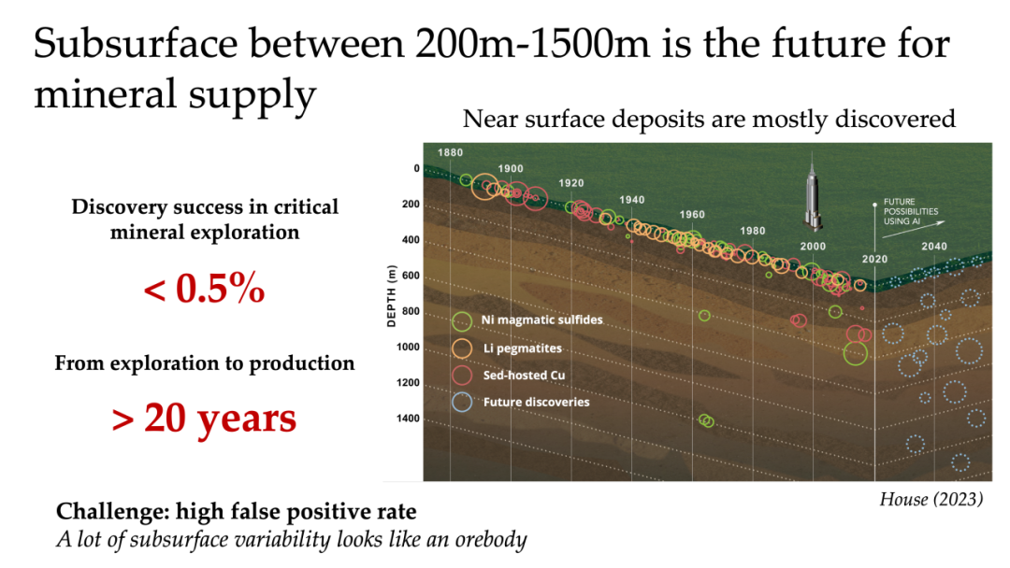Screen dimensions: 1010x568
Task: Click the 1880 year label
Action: [x=450, y=152]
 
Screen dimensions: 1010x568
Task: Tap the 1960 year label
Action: [x=692, y=214]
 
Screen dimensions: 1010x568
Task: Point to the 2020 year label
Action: [x=874, y=259]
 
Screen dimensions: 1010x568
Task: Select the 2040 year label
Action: [x=934, y=246]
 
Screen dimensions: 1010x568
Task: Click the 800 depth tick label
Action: [x=411, y=311]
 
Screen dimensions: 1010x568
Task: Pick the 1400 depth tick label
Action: [x=408, y=419]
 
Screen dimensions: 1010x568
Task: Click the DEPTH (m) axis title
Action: [x=391, y=296]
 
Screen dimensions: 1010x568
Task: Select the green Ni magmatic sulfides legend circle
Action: [x=461, y=321]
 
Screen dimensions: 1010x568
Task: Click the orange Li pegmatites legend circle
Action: [x=461, y=348]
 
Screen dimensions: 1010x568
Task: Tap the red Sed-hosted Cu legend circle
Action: [x=461, y=375]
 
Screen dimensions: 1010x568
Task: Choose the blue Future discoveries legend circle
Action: [x=461, y=402]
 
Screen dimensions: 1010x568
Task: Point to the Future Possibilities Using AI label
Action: [x=910, y=212]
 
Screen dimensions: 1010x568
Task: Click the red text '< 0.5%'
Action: [x=204, y=288]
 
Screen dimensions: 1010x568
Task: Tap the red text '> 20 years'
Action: [x=204, y=419]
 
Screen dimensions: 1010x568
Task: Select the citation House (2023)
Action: [x=931, y=500]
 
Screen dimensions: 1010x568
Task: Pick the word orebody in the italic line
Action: [x=491, y=540]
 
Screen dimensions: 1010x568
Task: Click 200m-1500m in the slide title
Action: [x=533, y=44]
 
